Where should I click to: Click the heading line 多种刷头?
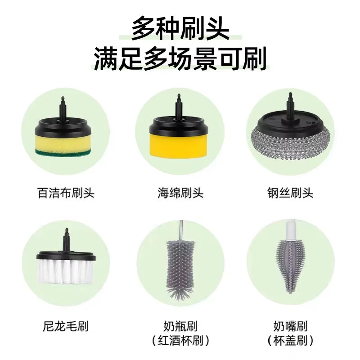(180, 29)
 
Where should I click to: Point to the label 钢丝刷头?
(290, 193)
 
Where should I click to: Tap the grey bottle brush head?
(180, 265)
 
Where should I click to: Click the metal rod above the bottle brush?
(180, 229)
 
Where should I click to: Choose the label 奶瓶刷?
(180, 325)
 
